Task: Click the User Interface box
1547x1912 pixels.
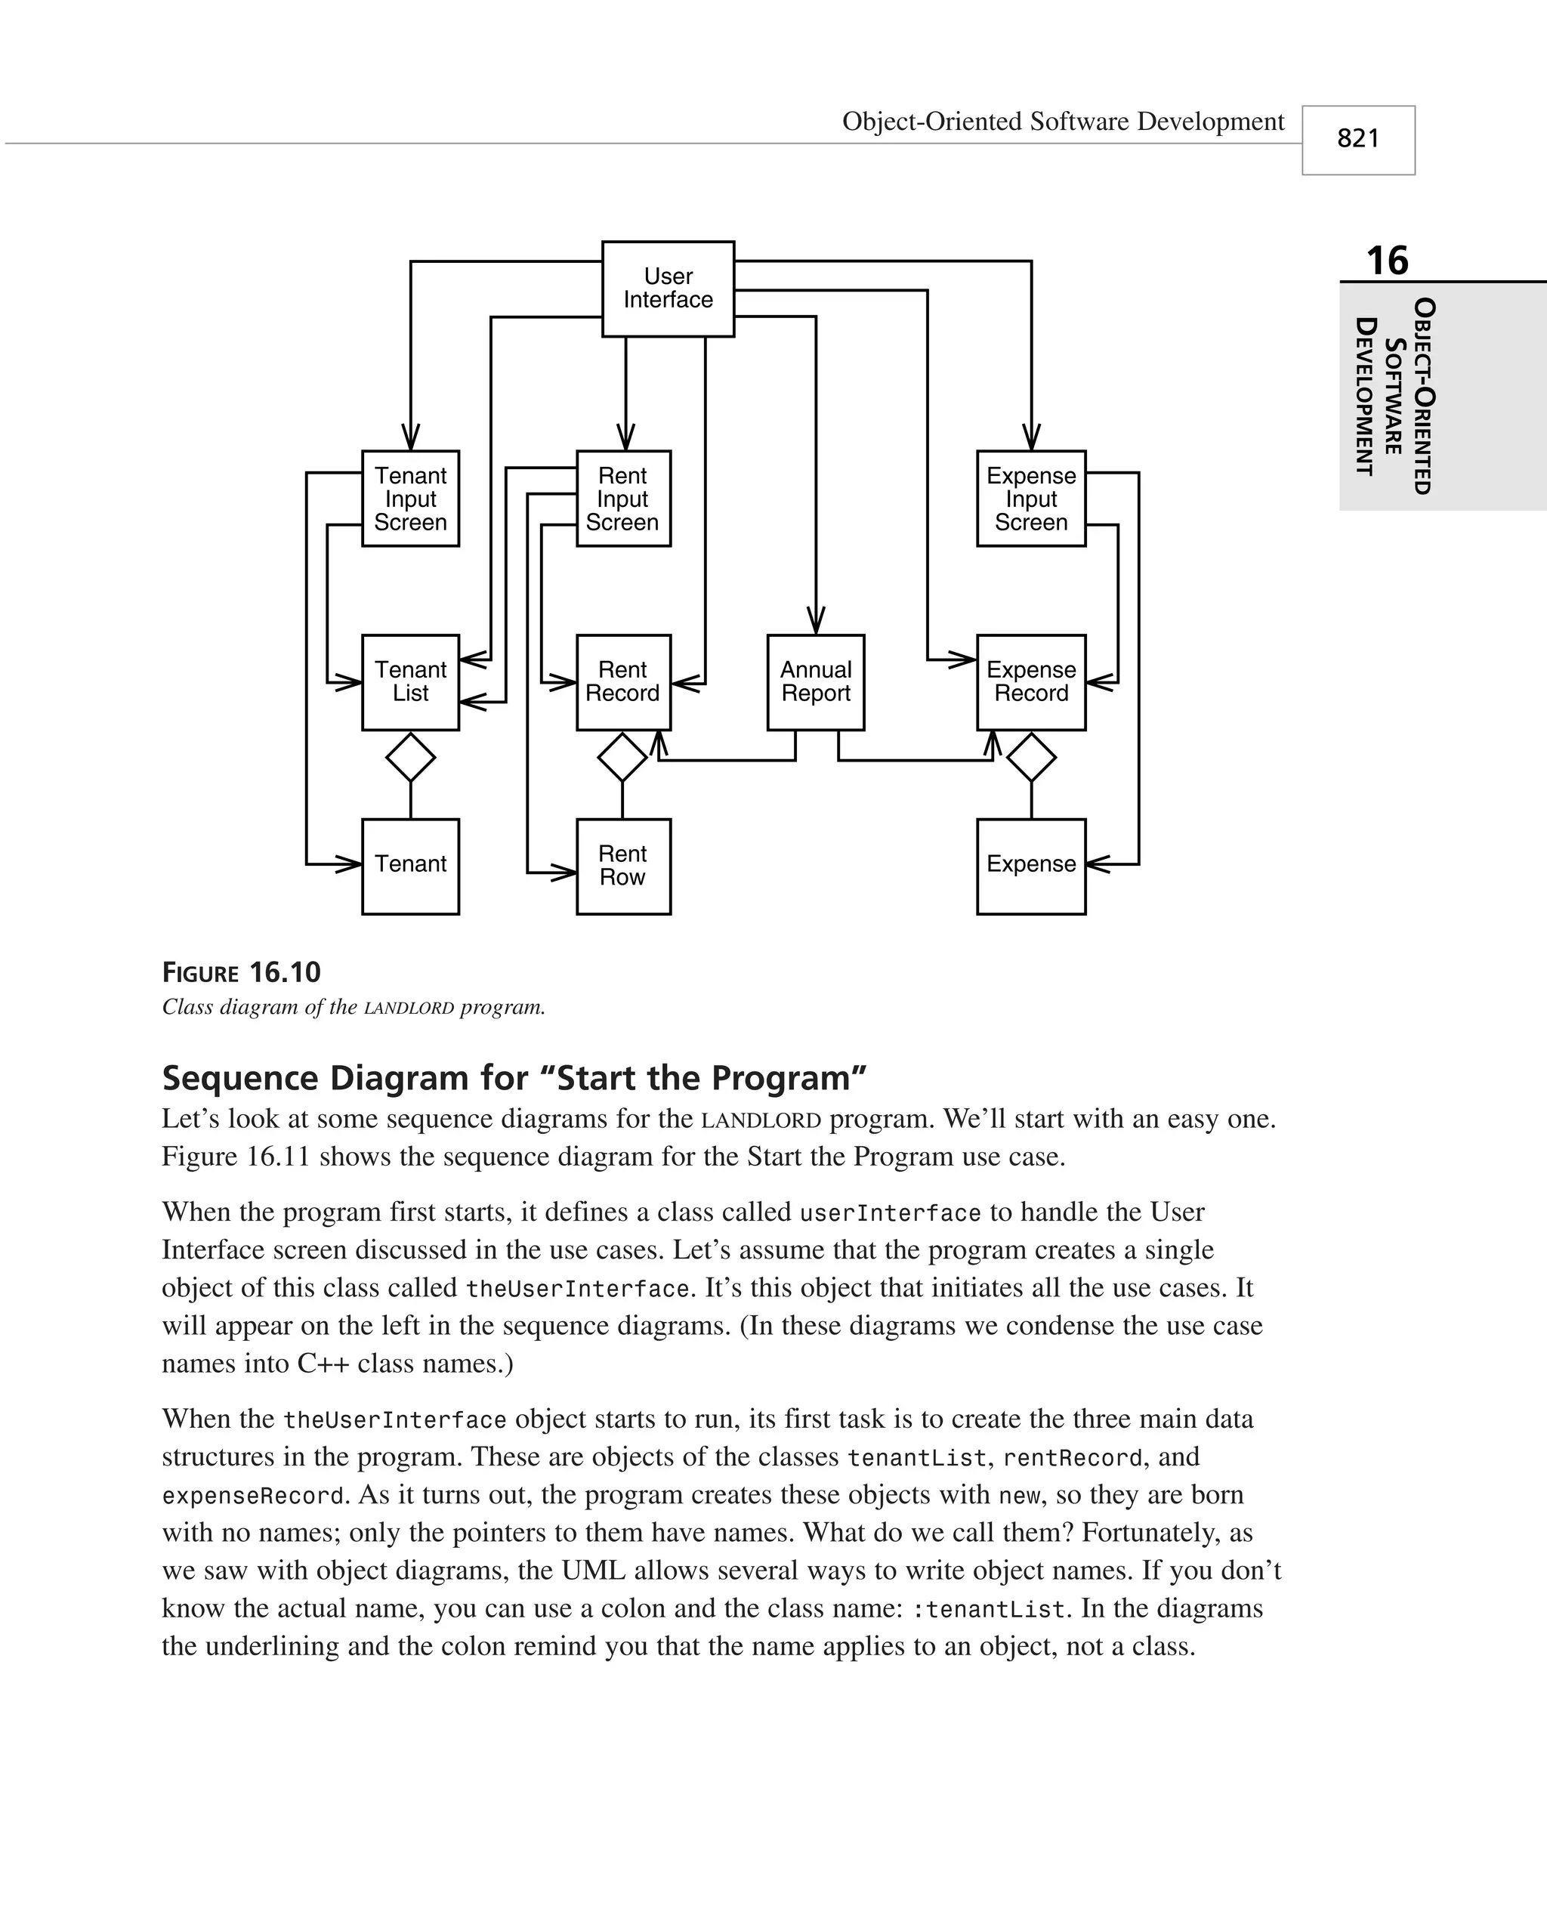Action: point(668,289)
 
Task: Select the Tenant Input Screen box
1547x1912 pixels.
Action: point(410,498)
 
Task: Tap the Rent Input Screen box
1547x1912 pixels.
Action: point(623,498)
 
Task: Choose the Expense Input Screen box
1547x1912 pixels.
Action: point(1031,498)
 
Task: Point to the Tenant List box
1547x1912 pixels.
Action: point(410,682)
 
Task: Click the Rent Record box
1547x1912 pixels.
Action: point(623,682)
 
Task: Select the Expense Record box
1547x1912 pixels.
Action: point(1031,682)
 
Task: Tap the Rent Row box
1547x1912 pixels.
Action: point(623,866)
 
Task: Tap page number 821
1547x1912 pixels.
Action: point(1358,139)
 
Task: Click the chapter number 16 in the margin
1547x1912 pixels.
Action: point(1387,261)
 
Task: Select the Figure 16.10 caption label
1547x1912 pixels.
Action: point(241,972)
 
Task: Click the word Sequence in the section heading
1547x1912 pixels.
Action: point(239,1078)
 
